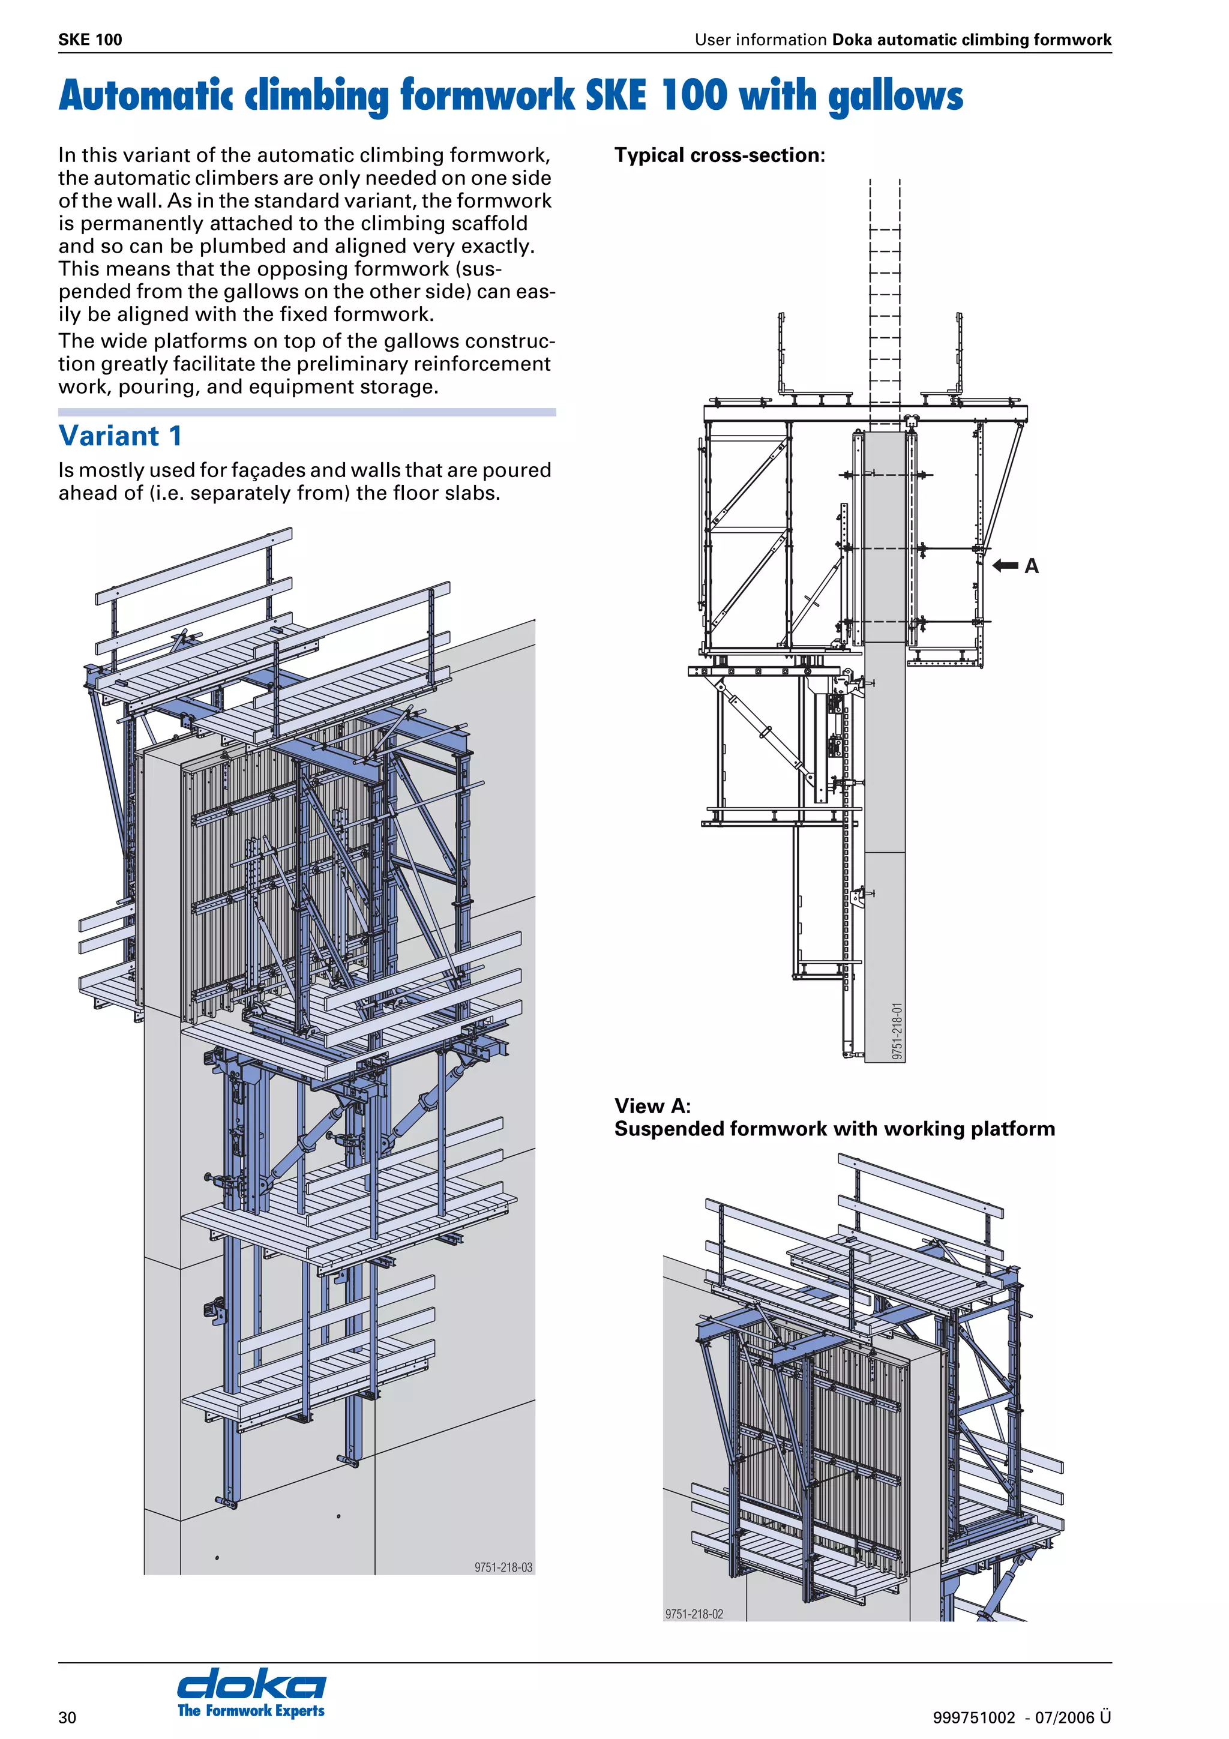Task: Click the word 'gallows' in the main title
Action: tap(895, 97)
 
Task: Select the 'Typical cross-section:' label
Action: tap(719, 155)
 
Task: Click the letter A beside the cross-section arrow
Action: tap(1032, 566)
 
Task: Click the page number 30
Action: tap(67, 1717)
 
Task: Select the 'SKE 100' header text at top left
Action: tap(90, 40)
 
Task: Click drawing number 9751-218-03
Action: tap(503, 1567)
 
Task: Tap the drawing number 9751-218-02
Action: tap(694, 1614)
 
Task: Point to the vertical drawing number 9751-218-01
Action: tap(897, 1031)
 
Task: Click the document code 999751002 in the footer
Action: tap(973, 1717)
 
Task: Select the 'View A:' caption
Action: tap(652, 1106)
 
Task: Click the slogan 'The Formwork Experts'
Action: tap(251, 1710)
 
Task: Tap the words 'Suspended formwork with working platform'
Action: tap(834, 1129)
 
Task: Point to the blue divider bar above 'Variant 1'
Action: tap(307, 412)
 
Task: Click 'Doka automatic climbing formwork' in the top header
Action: tap(971, 40)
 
